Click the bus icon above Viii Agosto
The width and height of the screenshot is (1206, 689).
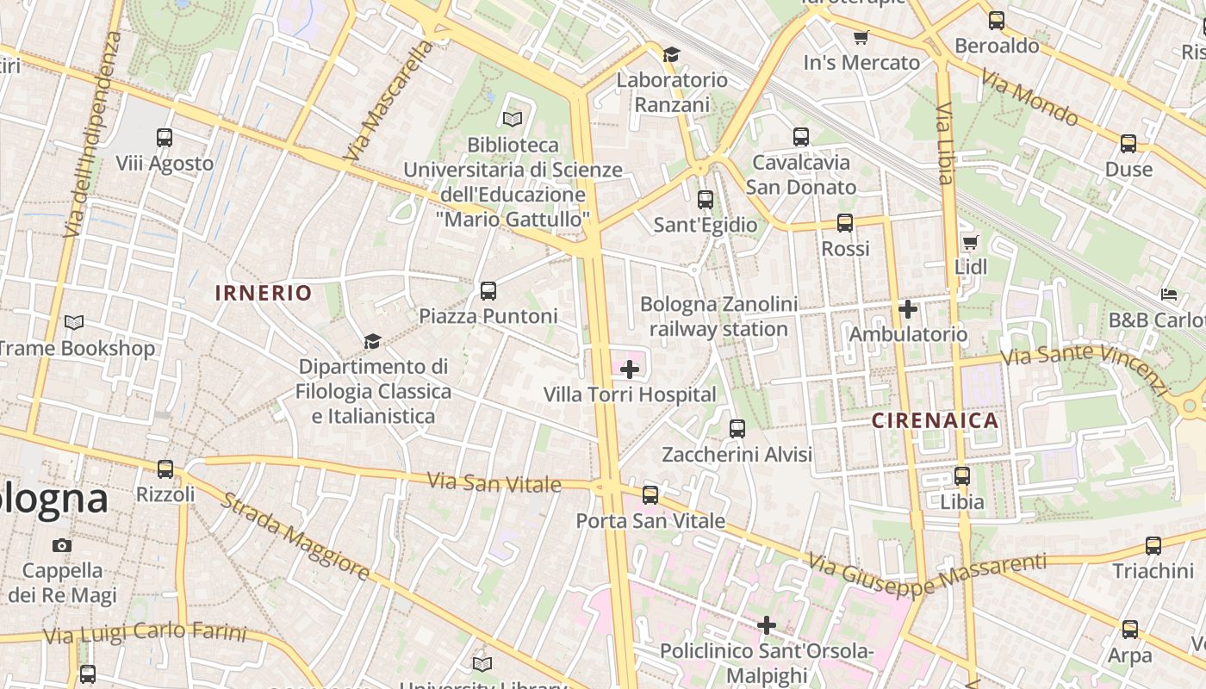pyautogui.click(x=164, y=137)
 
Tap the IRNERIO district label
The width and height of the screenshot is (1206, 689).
pyautogui.click(x=264, y=293)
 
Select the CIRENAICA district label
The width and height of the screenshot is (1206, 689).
pyautogui.click(x=935, y=420)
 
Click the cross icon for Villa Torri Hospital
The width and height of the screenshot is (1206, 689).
pyautogui.click(x=630, y=369)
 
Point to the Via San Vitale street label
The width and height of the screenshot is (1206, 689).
pyautogui.click(x=494, y=481)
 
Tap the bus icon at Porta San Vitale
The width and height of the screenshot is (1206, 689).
pyautogui.click(x=650, y=494)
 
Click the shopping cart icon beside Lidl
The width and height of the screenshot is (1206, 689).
pyautogui.click(x=971, y=242)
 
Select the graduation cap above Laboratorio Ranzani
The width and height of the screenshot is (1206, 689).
pyautogui.click(x=671, y=54)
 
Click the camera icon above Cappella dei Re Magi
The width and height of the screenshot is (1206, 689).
pyautogui.click(x=62, y=545)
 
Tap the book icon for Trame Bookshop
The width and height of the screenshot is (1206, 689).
pyautogui.click(x=75, y=323)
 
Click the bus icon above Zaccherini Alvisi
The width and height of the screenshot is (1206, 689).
pyautogui.click(x=737, y=428)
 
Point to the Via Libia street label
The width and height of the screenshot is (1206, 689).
pyautogui.click(x=945, y=143)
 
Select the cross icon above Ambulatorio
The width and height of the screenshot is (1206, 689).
pyautogui.click(x=907, y=308)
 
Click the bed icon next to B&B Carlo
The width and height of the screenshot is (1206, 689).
pyautogui.click(x=1168, y=295)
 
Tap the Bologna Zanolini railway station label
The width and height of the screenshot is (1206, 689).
pyautogui.click(x=718, y=316)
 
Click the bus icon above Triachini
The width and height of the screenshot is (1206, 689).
pyautogui.click(x=1153, y=545)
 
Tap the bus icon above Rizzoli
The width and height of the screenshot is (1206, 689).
pyautogui.click(x=165, y=469)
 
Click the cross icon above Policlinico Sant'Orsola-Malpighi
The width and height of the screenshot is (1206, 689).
pyautogui.click(x=767, y=624)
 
